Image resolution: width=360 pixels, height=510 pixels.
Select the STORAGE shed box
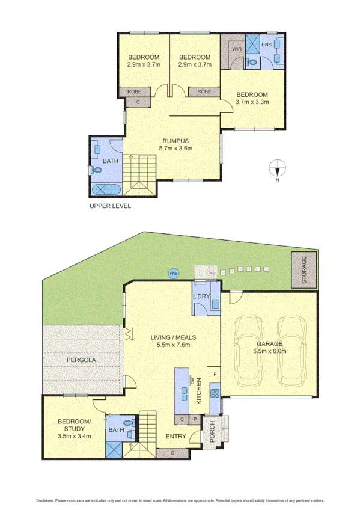(304, 269)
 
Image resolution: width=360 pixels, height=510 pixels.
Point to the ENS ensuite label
(267, 45)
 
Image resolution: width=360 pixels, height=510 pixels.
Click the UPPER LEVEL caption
(110, 206)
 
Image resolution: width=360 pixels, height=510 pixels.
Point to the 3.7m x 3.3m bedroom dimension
(252, 102)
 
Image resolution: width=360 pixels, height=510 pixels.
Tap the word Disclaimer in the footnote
(46, 500)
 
